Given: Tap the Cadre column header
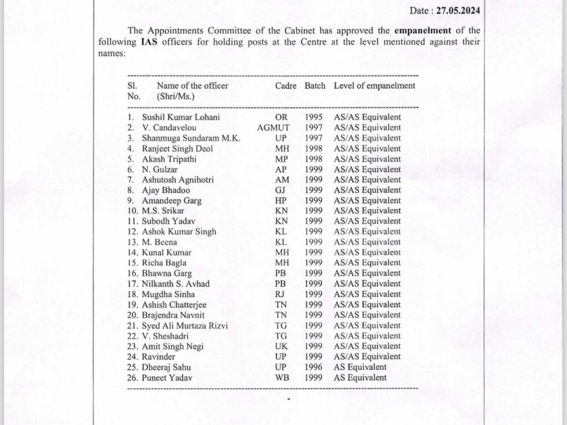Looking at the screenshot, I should pos(286,86).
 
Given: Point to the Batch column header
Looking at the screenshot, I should pos(315,86).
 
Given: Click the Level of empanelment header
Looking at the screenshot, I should pos(374,86).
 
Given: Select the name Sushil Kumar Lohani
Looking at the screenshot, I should pos(173,117).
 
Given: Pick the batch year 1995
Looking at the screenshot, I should pos(313,117).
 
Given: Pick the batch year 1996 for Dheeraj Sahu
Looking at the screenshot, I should pos(313,367).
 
